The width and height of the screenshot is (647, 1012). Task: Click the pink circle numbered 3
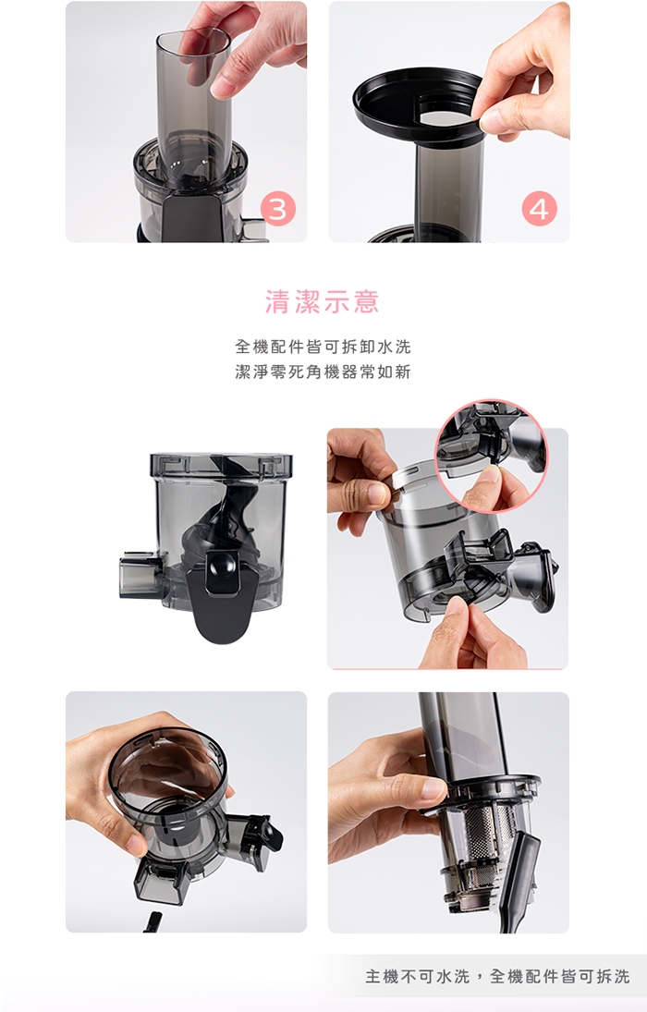[277, 209]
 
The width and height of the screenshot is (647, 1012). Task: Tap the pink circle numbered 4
[539, 209]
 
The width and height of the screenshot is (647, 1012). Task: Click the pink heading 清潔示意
[323, 302]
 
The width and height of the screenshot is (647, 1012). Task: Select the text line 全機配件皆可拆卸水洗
[323, 347]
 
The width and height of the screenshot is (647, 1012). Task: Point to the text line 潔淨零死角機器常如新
[323, 372]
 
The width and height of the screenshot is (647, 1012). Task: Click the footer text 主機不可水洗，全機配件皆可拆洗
[497, 976]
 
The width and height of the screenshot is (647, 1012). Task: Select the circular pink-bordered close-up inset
[492, 456]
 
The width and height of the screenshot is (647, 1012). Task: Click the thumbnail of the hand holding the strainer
[448, 812]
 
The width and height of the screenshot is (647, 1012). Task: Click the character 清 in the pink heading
[277, 302]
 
